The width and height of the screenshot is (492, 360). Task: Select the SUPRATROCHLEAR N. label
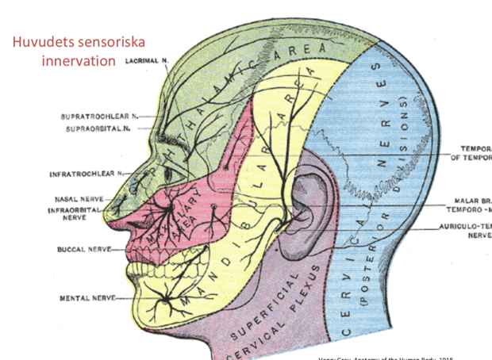95,117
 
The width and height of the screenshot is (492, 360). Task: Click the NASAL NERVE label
76,199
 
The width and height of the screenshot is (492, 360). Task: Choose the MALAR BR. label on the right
471,202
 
